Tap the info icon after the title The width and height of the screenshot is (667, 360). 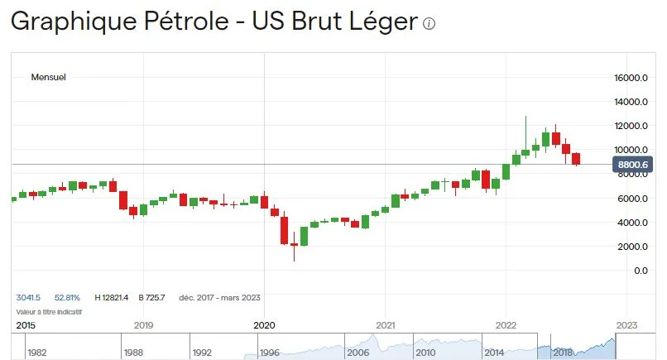[429, 24]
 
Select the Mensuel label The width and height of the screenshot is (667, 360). [48, 77]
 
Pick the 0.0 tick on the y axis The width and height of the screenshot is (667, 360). [640, 271]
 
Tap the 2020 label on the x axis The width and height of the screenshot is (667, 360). [263, 325]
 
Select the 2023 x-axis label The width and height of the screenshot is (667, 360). [626, 325]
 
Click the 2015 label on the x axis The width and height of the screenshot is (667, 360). [26, 325]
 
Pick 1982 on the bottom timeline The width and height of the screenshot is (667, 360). [36, 353]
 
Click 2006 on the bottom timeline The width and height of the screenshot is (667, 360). [357, 353]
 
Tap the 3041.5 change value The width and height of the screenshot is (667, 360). [29, 298]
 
